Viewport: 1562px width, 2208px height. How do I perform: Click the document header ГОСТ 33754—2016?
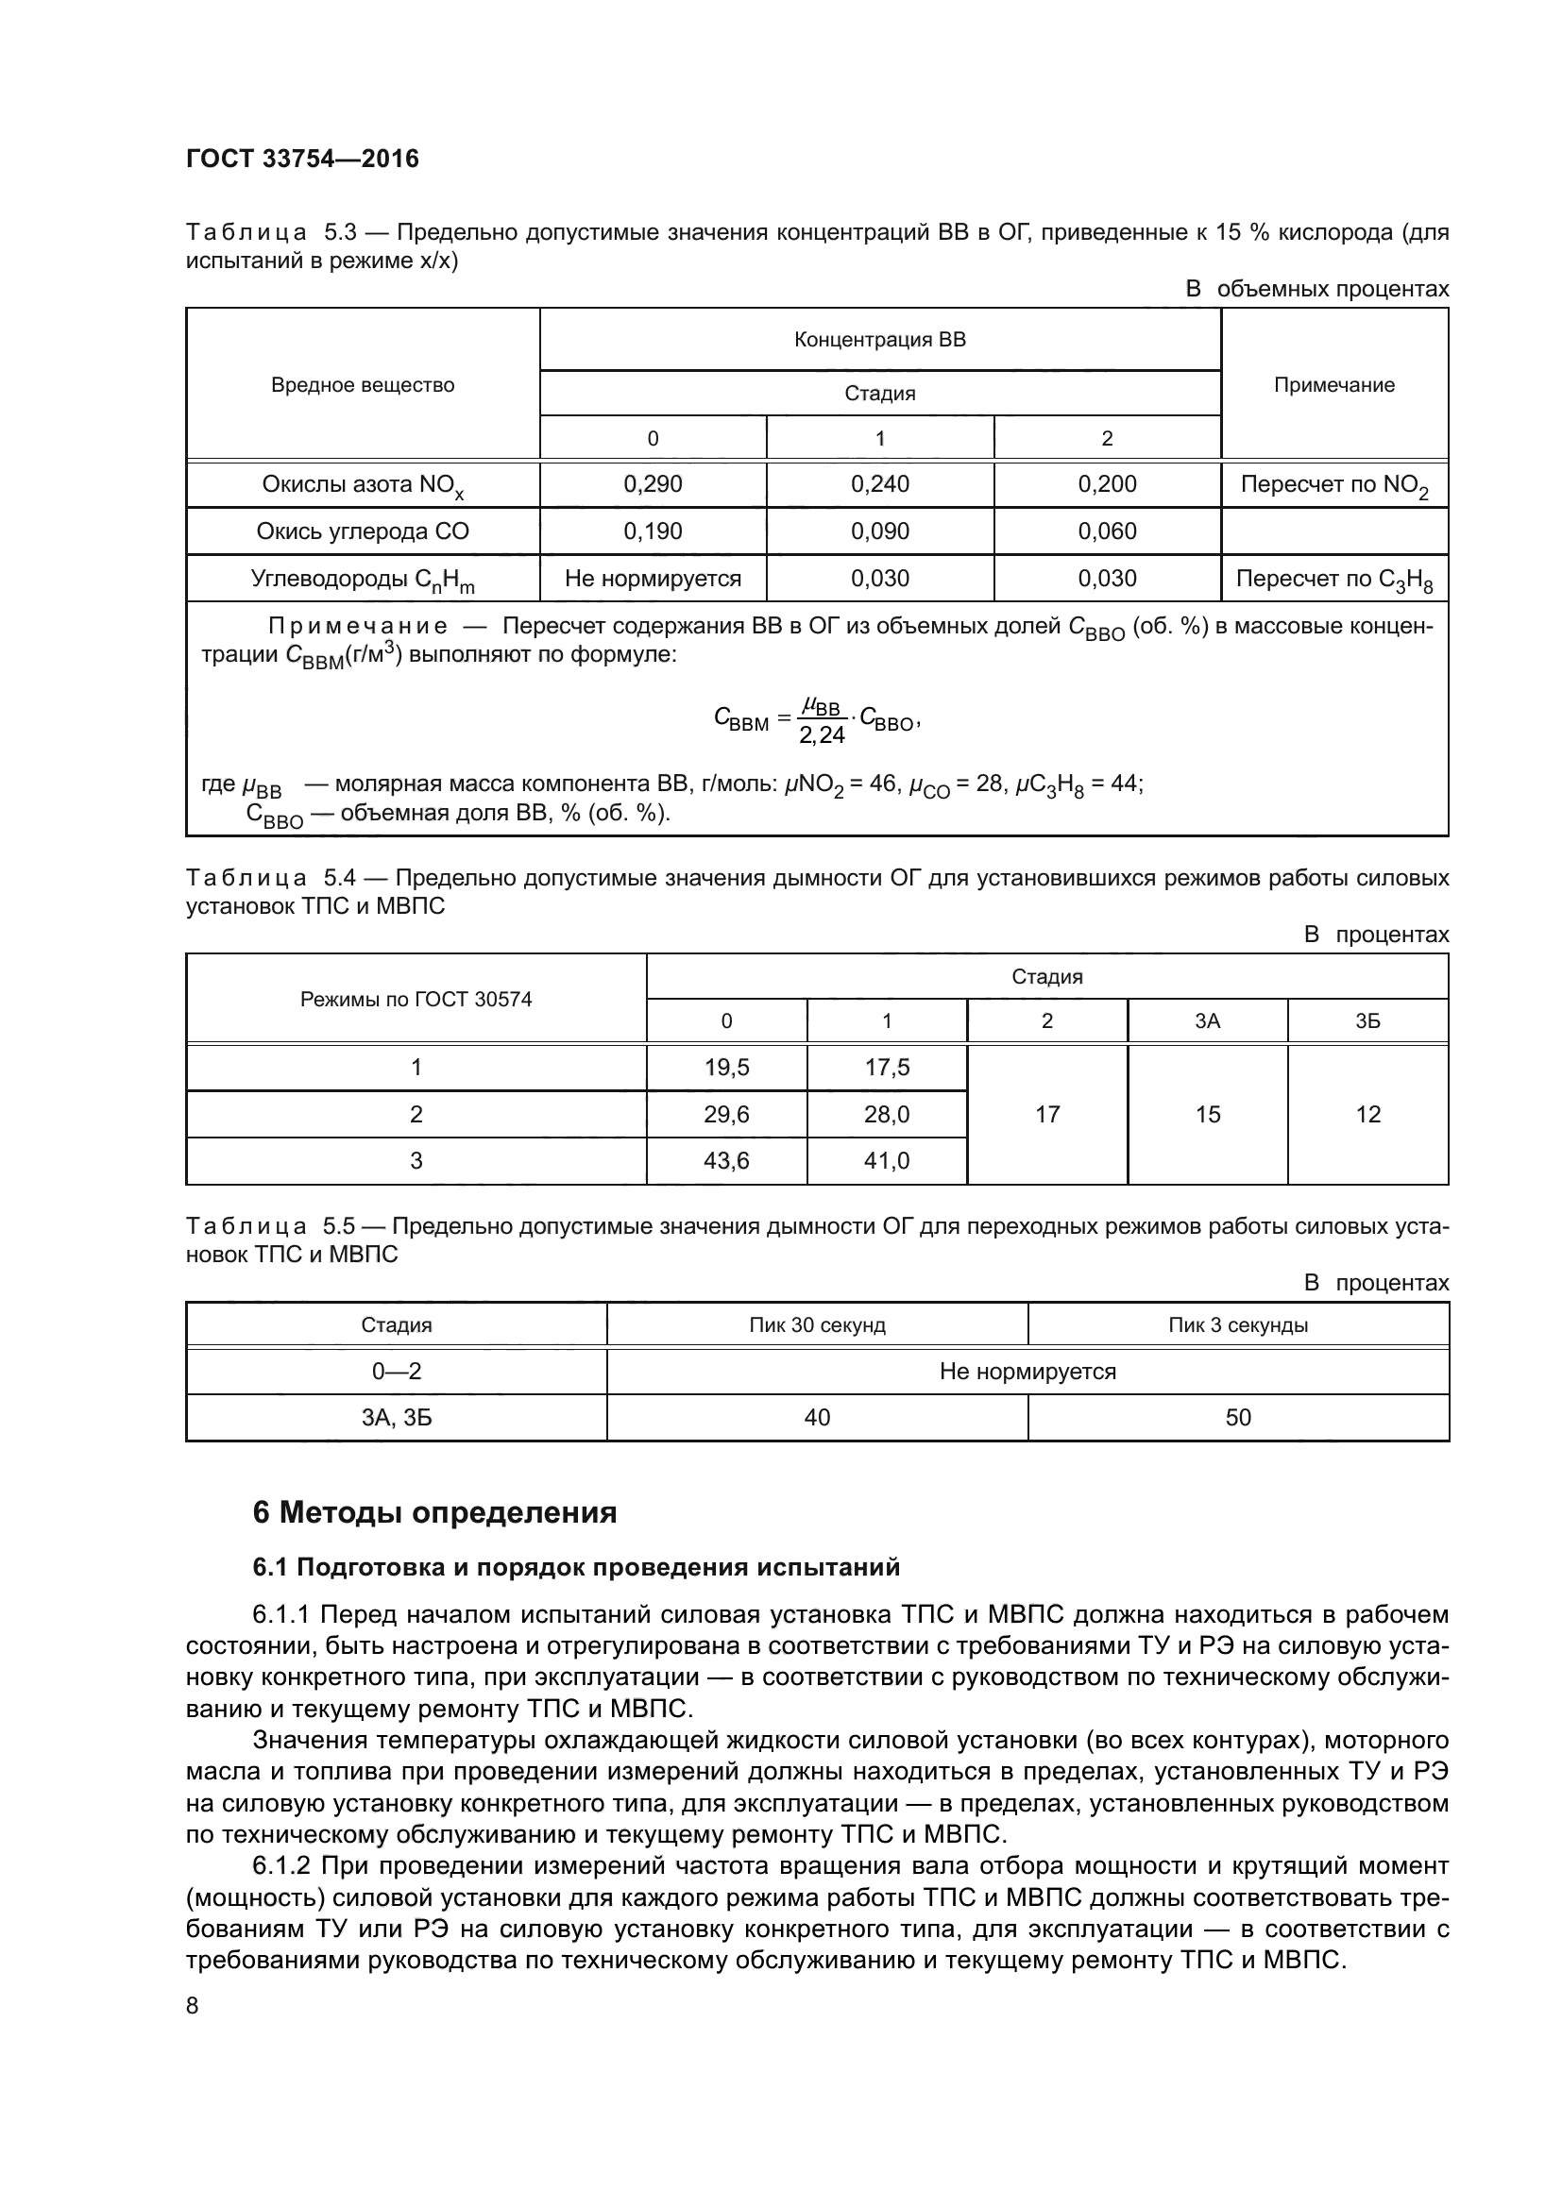coord(302,160)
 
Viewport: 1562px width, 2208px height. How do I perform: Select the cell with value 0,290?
coord(653,483)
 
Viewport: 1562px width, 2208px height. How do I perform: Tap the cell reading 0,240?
coord(879,483)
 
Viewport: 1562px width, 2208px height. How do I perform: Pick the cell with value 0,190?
coord(653,531)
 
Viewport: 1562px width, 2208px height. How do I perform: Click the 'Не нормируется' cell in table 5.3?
coord(653,578)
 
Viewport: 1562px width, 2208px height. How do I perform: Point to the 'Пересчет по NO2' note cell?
coord(1333,484)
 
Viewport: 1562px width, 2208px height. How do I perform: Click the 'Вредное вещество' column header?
coord(363,384)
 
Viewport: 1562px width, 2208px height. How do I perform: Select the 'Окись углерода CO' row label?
coord(363,531)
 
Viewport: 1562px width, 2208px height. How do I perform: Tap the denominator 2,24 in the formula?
coord(822,735)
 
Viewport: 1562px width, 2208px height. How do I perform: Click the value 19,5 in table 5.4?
coord(726,1067)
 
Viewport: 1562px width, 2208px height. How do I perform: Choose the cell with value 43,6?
coord(726,1161)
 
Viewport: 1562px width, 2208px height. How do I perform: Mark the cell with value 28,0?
coord(886,1114)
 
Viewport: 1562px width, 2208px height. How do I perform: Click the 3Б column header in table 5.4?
coord(1367,1021)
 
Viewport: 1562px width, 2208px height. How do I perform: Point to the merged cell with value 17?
coord(1046,1114)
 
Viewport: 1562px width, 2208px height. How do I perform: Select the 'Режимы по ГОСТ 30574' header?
coord(416,999)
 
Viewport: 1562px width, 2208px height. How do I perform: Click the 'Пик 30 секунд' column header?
coord(817,1325)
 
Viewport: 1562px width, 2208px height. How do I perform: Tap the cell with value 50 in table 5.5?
coord(1238,1418)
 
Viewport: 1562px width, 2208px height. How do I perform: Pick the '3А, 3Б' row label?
coord(397,1418)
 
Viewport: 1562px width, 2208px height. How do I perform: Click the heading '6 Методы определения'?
coord(433,1512)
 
